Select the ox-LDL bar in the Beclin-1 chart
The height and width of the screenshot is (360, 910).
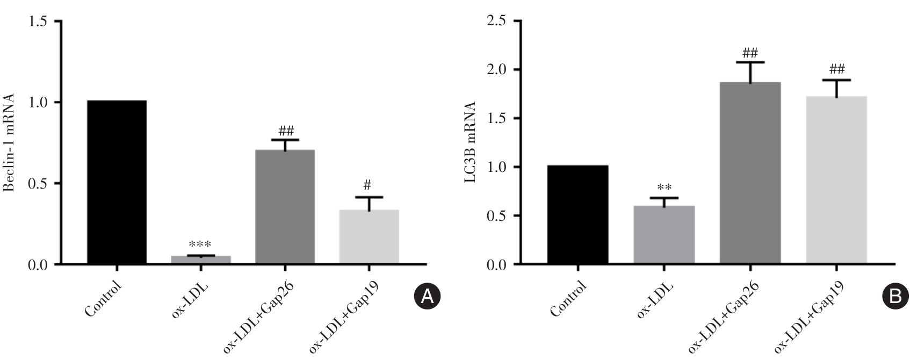(200, 260)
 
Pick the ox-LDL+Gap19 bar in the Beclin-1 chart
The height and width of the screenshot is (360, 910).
(369, 236)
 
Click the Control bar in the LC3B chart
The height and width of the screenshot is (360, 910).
(577, 214)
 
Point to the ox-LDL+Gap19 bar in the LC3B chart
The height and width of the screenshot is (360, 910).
(836, 180)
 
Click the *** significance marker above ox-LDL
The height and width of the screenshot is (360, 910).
(200, 244)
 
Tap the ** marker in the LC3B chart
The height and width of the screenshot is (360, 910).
(664, 188)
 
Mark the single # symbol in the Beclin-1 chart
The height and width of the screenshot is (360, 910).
(368, 185)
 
